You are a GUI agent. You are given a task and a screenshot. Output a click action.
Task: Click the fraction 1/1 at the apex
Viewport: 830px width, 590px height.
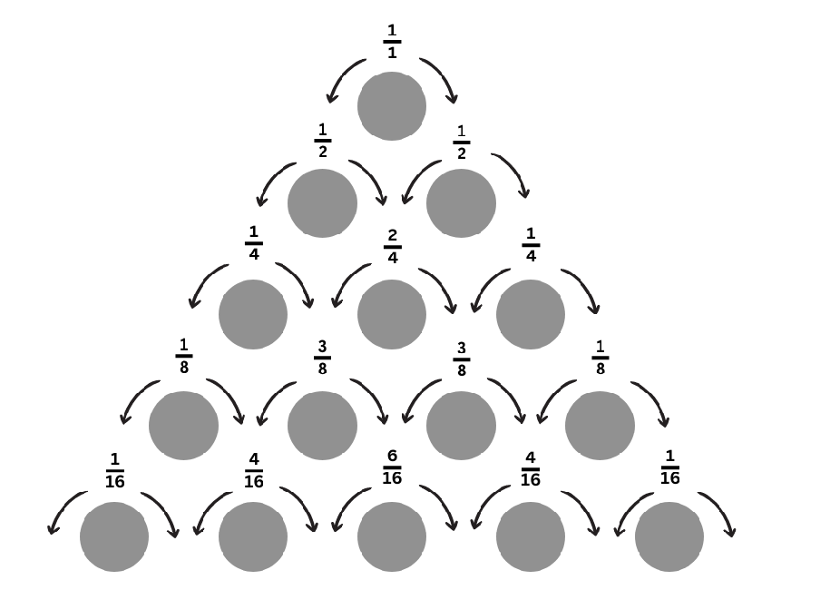(392, 42)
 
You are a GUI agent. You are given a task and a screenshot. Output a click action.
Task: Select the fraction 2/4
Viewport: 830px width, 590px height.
(393, 246)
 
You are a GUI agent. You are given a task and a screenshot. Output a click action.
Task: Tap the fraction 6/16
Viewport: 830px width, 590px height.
(392, 467)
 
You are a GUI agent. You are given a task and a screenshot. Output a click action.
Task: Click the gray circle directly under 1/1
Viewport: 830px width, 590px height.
(392, 106)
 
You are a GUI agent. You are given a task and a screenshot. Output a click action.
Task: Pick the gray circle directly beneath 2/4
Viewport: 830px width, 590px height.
(392, 315)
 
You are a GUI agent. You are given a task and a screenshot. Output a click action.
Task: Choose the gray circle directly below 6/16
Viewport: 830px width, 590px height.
(392, 537)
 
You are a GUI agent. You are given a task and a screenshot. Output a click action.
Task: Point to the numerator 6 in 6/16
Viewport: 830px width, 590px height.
(392, 456)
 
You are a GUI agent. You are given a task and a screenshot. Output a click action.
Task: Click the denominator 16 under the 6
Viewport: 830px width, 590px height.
(392, 477)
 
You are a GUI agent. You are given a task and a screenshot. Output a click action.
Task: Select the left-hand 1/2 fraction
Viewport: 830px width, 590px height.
(323, 141)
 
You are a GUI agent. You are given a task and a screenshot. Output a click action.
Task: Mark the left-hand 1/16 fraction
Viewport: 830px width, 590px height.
(115, 468)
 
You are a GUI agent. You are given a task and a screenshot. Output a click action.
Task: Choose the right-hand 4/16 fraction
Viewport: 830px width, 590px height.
(531, 468)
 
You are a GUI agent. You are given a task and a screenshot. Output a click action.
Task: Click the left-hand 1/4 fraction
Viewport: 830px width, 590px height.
(254, 242)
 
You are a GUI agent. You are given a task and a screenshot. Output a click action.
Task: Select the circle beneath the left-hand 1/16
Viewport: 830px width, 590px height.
(114, 537)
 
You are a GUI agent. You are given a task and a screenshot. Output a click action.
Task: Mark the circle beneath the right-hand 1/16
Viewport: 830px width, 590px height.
(669, 537)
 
